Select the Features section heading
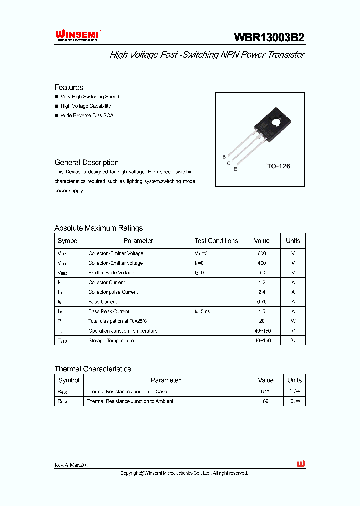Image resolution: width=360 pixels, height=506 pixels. (x=69, y=87)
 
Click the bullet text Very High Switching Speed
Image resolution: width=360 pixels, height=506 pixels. (x=90, y=97)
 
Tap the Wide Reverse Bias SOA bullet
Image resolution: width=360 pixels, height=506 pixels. (x=87, y=115)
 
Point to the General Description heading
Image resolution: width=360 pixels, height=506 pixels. (x=86, y=162)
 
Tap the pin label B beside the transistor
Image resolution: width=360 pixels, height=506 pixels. (x=224, y=157)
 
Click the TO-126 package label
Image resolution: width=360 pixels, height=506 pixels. (x=278, y=166)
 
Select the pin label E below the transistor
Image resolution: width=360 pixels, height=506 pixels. (x=235, y=169)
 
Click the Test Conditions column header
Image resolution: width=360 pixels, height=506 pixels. (x=216, y=241)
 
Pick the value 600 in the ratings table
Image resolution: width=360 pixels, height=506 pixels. (x=261, y=253)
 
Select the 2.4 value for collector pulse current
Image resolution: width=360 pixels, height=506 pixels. (x=261, y=292)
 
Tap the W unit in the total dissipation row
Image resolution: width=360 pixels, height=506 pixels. (x=293, y=321)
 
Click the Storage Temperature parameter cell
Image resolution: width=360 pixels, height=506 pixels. (x=111, y=341)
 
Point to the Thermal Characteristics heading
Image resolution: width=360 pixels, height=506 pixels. (x=93, y=369)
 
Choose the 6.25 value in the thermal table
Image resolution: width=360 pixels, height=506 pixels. (x=265, y=392)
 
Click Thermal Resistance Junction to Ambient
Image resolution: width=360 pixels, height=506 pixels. (x=130, y=401)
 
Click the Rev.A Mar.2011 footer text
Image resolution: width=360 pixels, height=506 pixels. (x=73, y=465)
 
